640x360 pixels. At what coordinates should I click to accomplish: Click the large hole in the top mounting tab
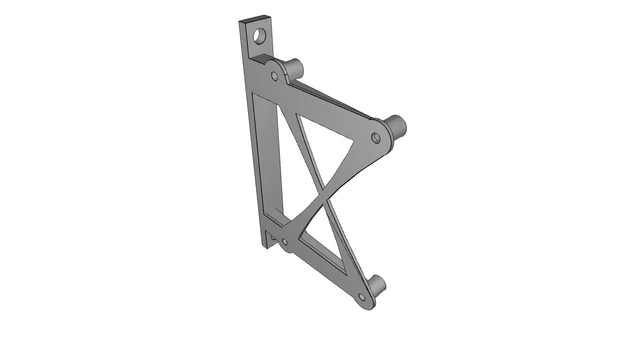tap(260, 37)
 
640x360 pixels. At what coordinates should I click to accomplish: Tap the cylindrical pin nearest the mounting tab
tap(292, 68)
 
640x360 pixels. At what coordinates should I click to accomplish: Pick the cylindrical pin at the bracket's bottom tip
tap(376, 287)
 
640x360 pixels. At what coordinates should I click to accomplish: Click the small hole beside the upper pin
tap(275, 75)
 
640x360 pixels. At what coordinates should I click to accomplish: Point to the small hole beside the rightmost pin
tap(376, 135)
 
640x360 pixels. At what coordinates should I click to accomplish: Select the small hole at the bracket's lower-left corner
tap(284, 242)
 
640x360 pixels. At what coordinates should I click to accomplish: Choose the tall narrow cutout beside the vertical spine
tap(273, 160)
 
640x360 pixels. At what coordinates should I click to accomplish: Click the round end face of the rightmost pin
tap(400, 127)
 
